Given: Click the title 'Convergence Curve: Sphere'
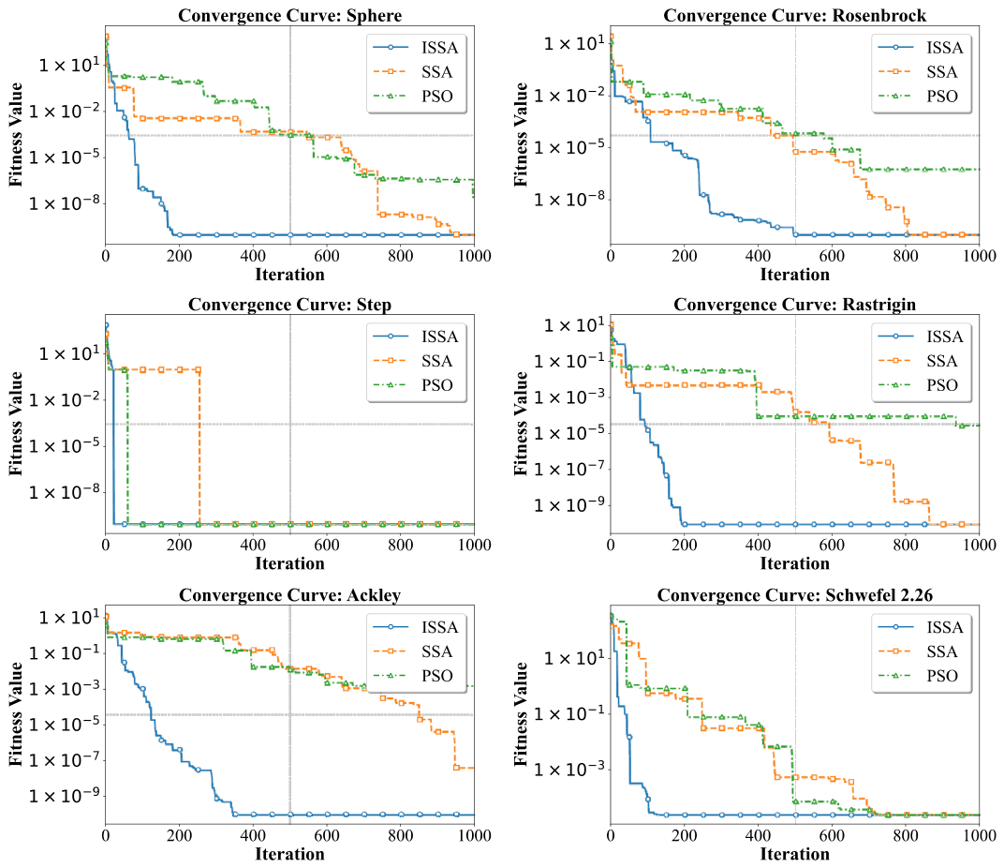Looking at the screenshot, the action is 290,15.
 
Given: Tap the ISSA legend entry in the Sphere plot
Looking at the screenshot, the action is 416,48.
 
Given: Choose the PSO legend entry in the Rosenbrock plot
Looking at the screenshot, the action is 919,97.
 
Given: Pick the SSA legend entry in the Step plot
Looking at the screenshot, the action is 413,361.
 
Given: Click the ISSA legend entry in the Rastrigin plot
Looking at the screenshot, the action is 921,337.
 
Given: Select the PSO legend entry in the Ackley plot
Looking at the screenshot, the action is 413,676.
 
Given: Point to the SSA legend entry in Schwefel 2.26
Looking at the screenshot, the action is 918,651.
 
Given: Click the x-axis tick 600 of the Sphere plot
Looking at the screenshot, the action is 327,256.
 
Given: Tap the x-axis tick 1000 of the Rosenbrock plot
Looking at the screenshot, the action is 979,256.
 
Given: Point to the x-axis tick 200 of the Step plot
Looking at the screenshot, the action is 179,545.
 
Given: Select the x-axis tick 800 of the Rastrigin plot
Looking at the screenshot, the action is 906,545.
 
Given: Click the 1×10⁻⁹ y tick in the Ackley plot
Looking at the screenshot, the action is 65,795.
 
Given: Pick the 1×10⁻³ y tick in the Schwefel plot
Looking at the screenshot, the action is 569,768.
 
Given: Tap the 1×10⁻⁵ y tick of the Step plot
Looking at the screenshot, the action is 65,445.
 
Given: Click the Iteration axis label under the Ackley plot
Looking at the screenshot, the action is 290,854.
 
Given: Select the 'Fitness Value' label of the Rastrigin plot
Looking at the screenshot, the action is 521,424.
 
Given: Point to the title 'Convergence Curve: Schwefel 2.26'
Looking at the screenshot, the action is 794,595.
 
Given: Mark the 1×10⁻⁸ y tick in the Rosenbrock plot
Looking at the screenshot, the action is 569,200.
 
